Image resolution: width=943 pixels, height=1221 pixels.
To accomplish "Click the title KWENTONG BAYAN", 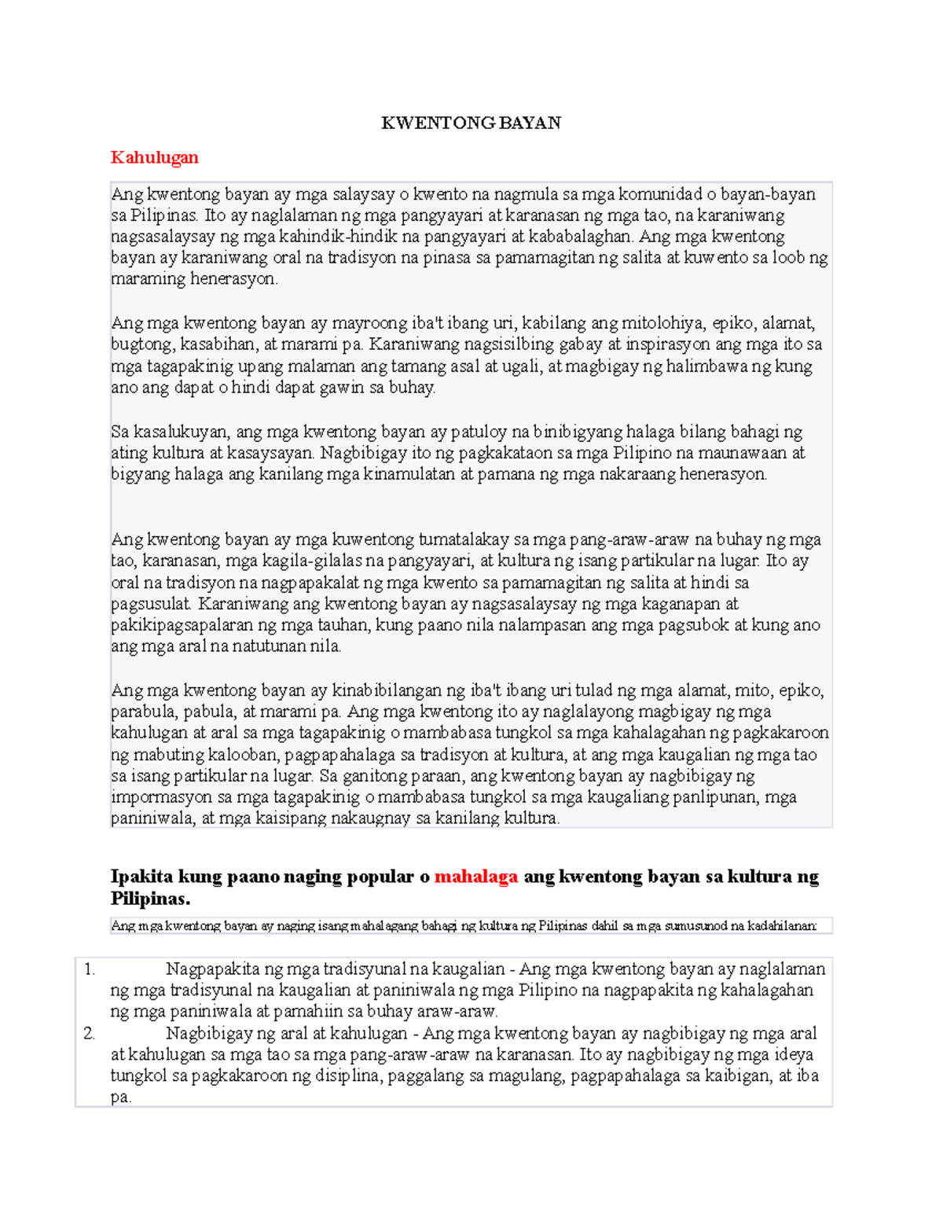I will pyautogui.click(x=471, y=123).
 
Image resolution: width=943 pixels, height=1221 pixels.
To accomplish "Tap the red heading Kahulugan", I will pyautogui.click(x=154, y=157).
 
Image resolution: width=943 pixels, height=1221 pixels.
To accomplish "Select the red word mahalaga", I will pyautogui.click(x=475, y=877).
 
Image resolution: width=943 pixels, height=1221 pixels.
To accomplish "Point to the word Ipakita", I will pyautogui.click(x=142, y=877).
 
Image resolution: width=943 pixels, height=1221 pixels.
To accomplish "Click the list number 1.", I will pyautogui.click(x=89, y=969).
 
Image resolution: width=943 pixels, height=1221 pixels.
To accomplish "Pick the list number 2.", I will pyautogui.click(x=89, y=1034).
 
